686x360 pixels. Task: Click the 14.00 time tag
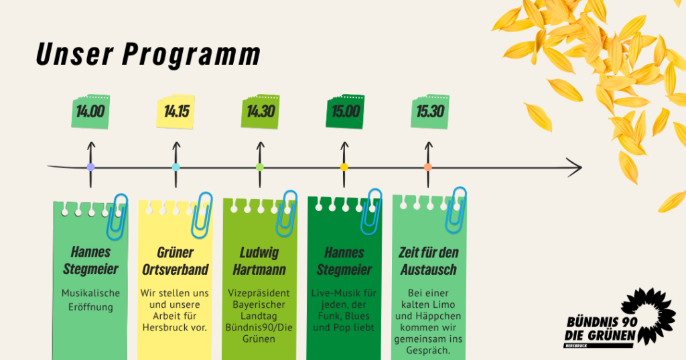point(90,111)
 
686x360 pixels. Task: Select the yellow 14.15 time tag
point(176,111)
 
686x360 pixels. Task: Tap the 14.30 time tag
point(261,111)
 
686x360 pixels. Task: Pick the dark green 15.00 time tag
point(345,111)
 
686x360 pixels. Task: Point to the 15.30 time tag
point(430,111)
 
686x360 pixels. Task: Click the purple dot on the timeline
point(90,167)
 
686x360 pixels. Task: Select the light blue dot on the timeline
point(176,167)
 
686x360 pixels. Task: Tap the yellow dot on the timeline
point(344,167)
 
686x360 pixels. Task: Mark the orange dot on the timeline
point(428,167)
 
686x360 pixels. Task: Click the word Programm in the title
point(191,55)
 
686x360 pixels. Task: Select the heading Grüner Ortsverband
point(176,261)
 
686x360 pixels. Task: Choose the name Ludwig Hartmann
point(259,261)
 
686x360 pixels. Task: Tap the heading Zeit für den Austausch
point(429,261)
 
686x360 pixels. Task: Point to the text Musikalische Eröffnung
point(90,300)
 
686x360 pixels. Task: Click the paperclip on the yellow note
point(202,215)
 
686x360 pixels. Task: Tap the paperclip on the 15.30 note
point(456,211)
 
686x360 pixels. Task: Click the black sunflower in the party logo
point(648,315)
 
